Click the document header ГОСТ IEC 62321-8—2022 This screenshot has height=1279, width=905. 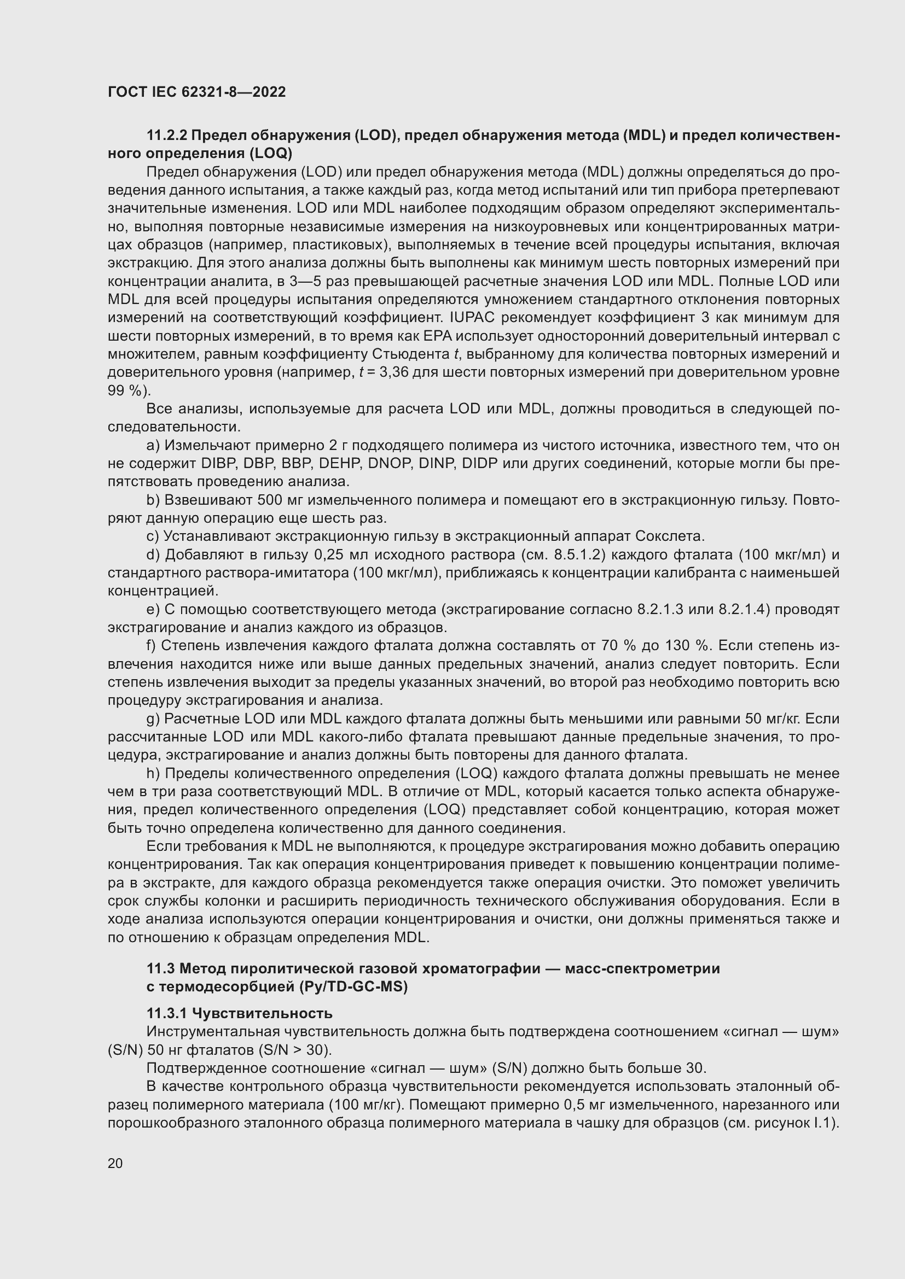[x=196, y=92]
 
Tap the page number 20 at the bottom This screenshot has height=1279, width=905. [x=115, y=1163]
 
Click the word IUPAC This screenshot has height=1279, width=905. [x=473, y=318]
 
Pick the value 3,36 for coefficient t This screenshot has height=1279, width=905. [x=394, y=372]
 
